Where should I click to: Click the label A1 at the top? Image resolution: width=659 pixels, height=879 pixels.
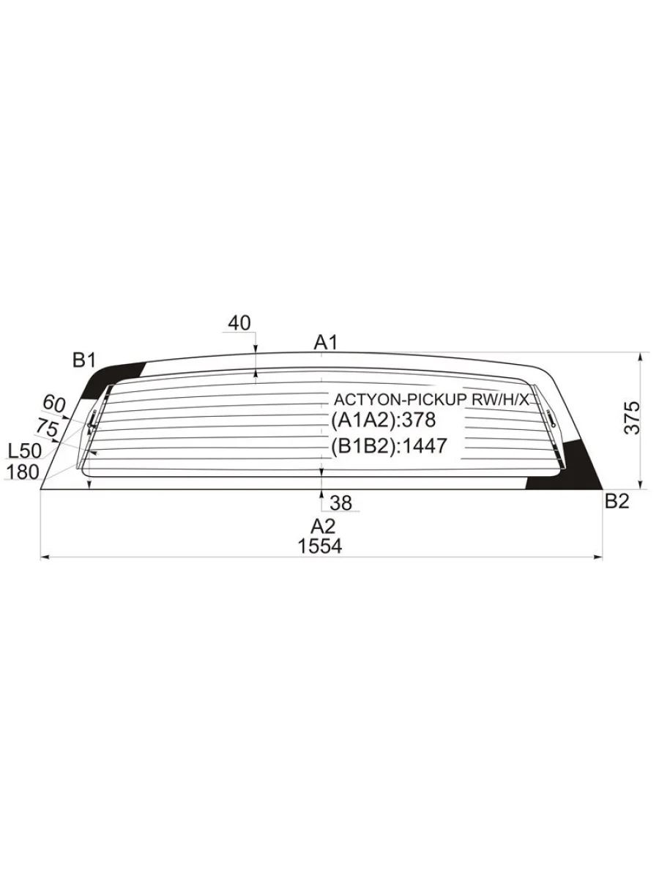pos(326,343)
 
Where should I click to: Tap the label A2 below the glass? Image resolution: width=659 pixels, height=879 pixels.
pos(323,526)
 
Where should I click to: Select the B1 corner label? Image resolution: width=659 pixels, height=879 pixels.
pos(84,360)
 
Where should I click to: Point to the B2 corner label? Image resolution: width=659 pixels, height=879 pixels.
pos(617,501)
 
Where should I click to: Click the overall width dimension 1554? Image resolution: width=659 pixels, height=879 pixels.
pos(320,546)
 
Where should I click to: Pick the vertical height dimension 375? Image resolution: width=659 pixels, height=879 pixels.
pos(632,418)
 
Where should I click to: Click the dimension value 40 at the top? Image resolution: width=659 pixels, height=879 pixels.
pos(239,323)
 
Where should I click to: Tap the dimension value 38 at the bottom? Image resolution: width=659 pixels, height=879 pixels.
pos(341,503)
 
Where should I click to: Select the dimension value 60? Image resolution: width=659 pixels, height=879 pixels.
pos(54,404)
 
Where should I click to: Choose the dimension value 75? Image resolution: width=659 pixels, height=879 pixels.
pos(47,427)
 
